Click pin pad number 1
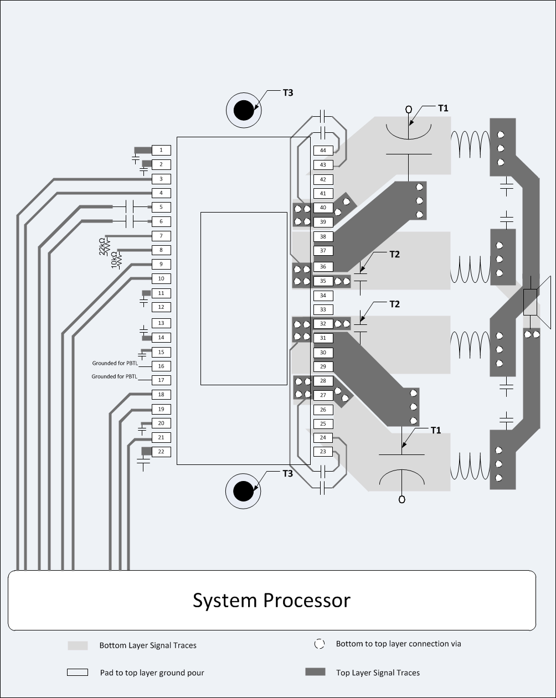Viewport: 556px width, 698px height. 161,150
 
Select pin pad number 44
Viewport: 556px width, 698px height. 323,151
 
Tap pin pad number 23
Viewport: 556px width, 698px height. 323,452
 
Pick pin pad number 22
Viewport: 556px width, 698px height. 161,452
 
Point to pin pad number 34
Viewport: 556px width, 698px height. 323,296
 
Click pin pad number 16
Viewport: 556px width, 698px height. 161,366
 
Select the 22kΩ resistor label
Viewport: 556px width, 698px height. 102,246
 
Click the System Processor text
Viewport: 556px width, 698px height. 271,601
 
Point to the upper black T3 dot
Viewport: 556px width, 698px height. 243,111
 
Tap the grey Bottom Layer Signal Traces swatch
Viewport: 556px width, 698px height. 78,645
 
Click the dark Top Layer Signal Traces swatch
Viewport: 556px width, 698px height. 315,672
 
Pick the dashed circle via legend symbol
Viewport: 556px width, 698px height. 319,644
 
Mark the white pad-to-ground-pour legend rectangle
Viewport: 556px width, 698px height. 78,673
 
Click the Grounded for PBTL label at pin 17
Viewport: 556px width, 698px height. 115,376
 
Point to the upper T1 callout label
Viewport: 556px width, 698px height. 443,108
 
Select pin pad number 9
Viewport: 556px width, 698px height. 161,265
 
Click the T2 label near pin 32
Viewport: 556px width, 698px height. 394,304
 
